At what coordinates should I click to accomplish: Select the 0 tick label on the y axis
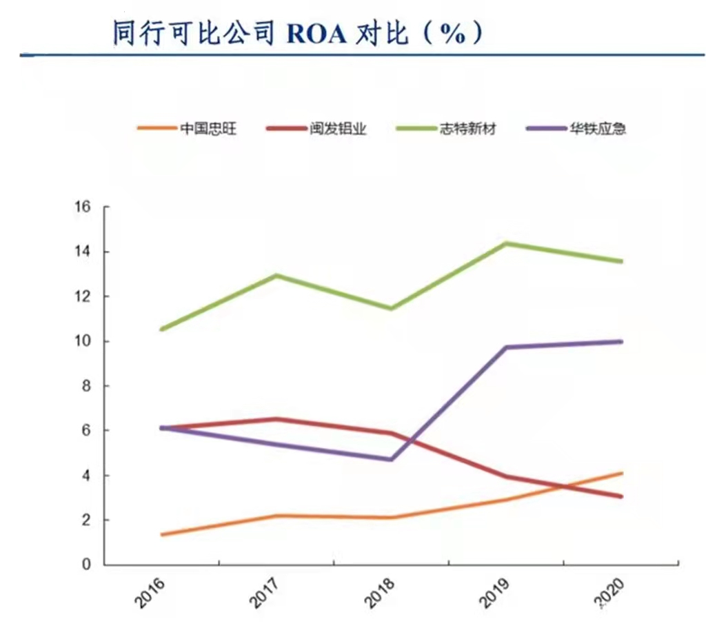pyautogui.click(x=87, y=565)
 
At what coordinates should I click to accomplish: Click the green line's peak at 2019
pyautogui.click(x=507, y=243)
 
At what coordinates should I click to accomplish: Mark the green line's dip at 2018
pyautogui.click(x=392, y=308)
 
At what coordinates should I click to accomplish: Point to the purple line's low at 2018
pyautogui.click(x=392, y=459)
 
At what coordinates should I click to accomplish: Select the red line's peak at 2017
pyautogui.click(x=276, y=419)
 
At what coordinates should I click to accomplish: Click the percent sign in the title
pyautogui.click(x=451, y=33)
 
